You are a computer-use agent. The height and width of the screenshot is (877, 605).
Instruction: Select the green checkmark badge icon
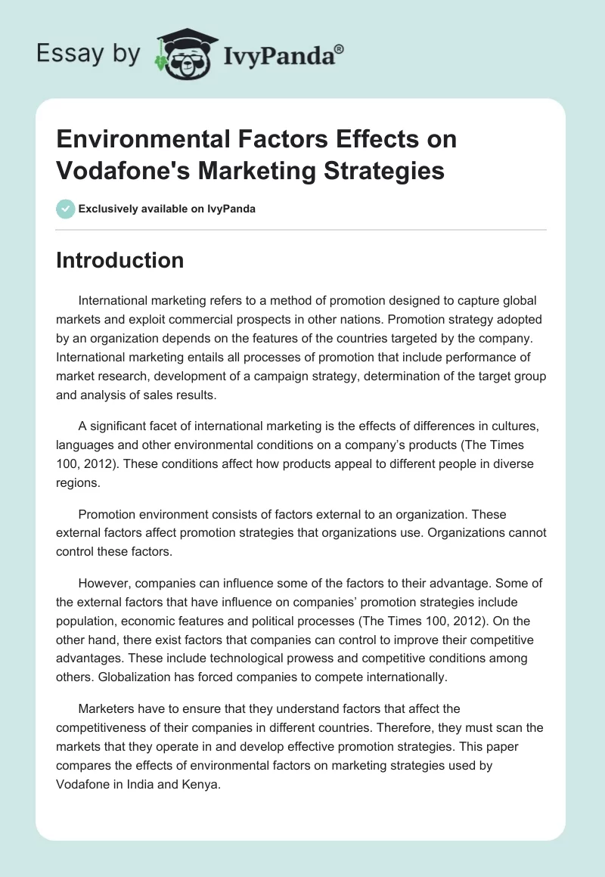[x=66, y=209]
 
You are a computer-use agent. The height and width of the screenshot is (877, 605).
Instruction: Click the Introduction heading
[x=120, y=260]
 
